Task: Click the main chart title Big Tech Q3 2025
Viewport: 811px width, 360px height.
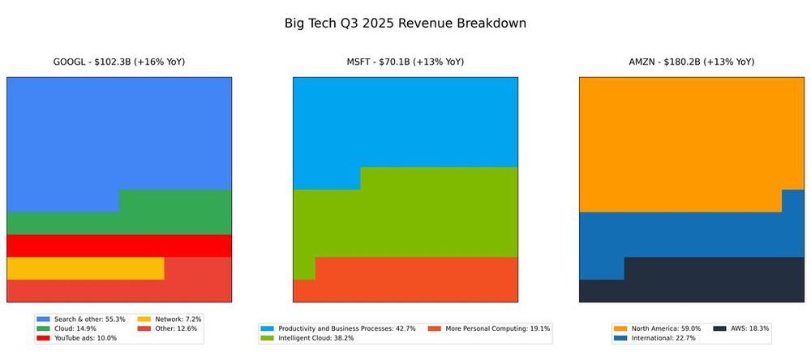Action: click(405, 23)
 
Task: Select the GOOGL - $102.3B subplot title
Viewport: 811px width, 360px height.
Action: click(118, 62)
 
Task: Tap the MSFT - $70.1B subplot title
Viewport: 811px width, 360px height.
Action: click(405, 62)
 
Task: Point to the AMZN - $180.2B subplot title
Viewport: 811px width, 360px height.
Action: click(691, 62)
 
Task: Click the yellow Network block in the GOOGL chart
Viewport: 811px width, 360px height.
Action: click(85, 268)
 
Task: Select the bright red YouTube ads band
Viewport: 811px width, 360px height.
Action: click(118, 245)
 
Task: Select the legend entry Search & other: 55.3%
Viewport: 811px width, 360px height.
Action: click(79, 319)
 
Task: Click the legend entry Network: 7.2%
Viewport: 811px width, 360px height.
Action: click(170, 319)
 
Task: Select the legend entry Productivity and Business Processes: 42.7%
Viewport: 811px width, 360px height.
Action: click(337, 328)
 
